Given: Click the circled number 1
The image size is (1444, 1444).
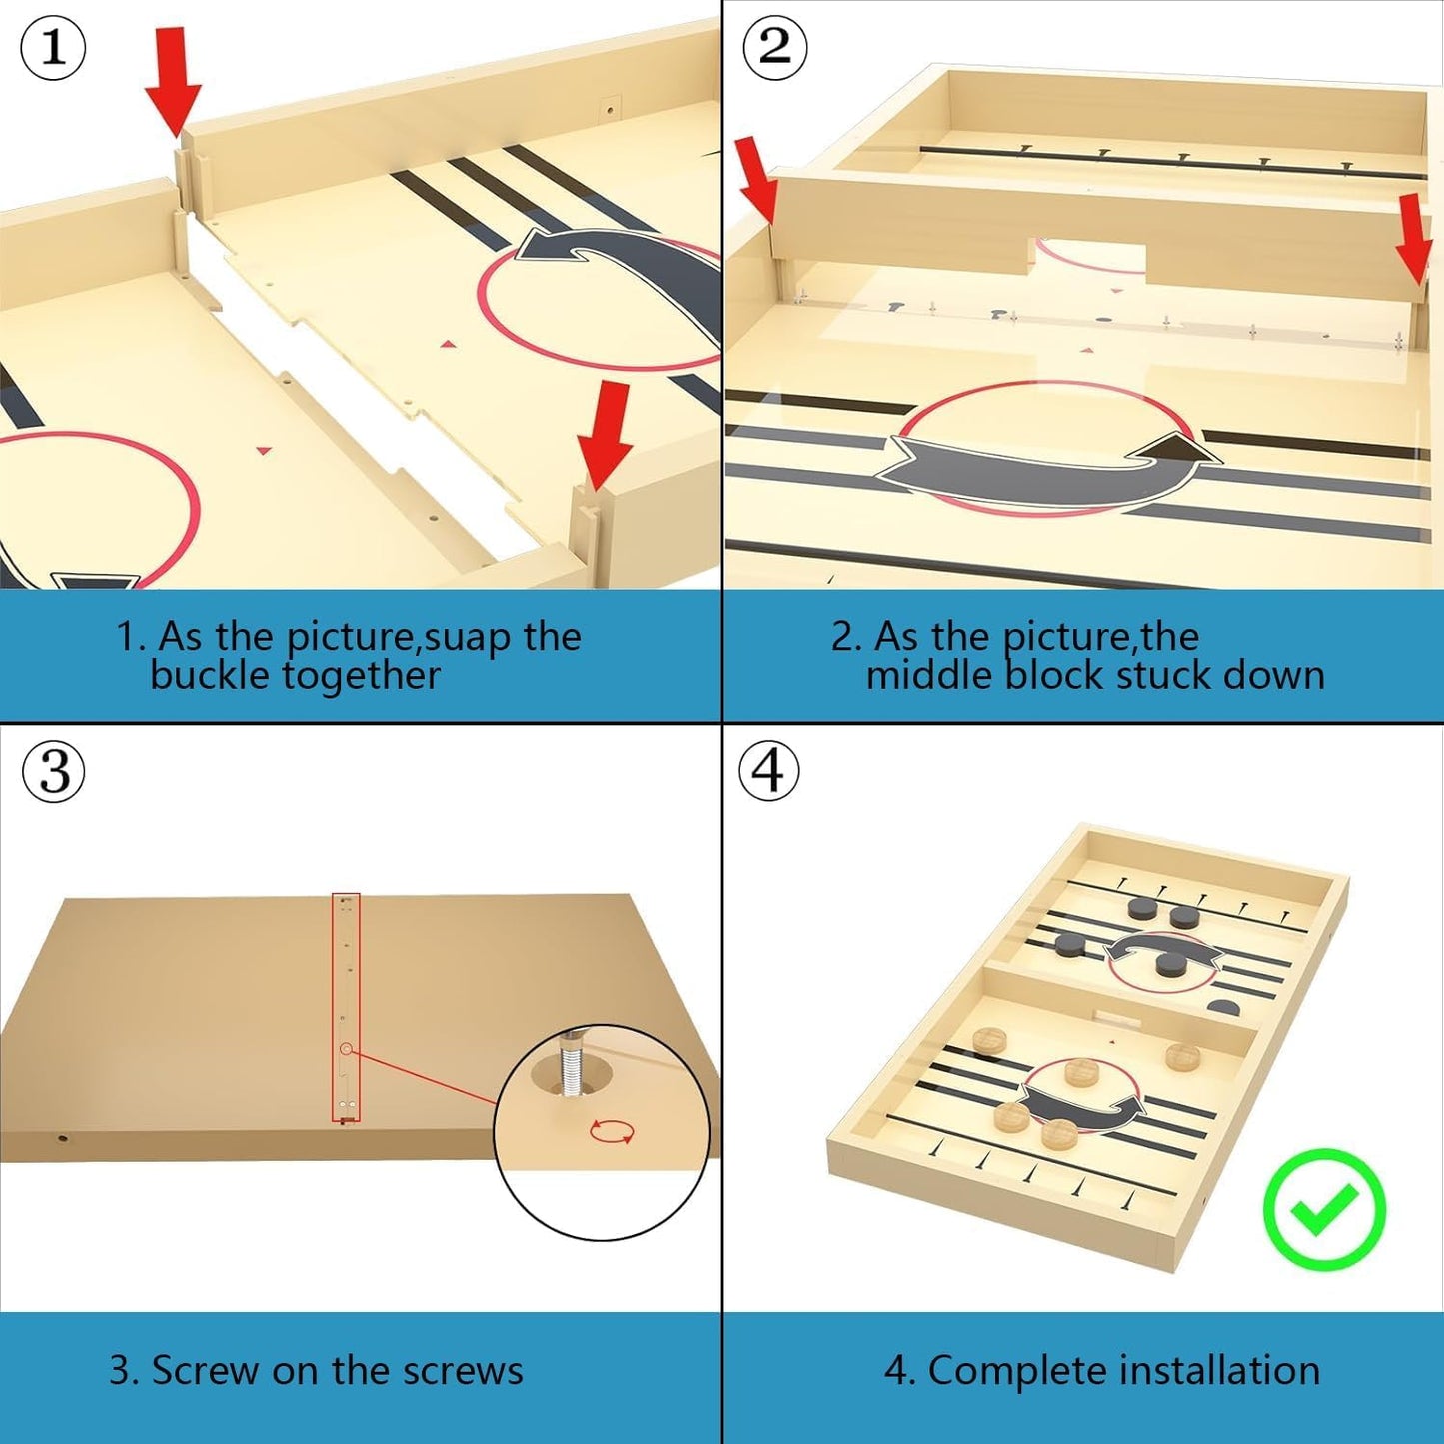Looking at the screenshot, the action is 52,47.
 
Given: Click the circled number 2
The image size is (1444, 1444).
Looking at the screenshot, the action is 774,47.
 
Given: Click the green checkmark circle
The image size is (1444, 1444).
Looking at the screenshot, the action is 1324,1209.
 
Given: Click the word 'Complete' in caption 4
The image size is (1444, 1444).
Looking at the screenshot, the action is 1016,1372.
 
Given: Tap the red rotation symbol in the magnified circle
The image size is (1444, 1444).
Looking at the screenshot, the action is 612,1131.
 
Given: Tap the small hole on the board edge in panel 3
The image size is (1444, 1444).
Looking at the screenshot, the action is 62,1139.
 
